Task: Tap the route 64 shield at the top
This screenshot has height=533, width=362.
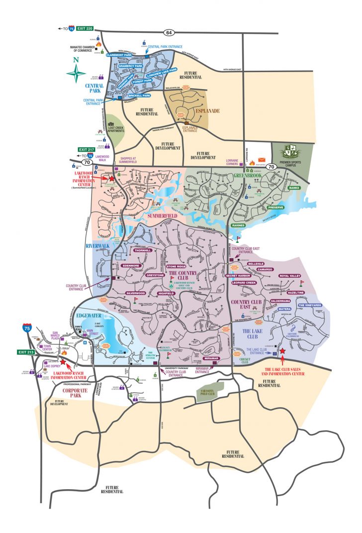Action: point(170,32)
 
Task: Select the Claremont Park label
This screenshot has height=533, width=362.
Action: point(121,55)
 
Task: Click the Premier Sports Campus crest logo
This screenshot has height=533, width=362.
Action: point(291,151)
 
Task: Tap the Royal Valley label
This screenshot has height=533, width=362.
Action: point(290,275)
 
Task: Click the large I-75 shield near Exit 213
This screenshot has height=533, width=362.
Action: point(27,328)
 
